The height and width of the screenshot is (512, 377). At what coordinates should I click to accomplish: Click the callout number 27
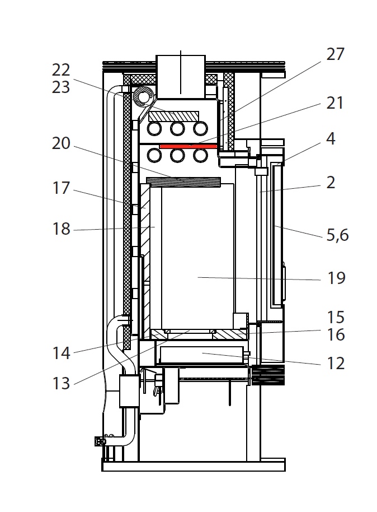point(335,55)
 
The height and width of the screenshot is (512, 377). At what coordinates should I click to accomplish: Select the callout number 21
point(335,103)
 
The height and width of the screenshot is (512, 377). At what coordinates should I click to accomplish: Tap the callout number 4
point(331,138)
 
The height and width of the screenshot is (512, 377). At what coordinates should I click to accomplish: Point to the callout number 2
point(331,182)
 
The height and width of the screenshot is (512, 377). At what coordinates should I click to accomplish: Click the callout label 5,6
point(337,235)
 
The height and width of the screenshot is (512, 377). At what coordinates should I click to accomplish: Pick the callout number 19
point(337,278)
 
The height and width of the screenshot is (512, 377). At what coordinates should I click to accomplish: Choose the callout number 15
point(336,318)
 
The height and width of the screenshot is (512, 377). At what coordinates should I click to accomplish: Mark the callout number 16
point(336,335)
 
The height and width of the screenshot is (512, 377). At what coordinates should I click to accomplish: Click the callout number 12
point(336,364)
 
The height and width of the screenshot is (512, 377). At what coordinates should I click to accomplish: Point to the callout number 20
point(62,143)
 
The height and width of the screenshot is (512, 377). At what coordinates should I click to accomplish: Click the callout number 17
point(62,188)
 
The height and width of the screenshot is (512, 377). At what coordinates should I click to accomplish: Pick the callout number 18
point(62,229)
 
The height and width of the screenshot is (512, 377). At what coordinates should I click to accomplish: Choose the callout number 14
point(62,353)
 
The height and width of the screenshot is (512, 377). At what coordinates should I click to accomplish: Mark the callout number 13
point(62,384)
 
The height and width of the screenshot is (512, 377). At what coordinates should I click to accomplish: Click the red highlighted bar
point(188,146)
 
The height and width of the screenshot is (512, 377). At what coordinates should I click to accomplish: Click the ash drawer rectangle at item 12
point(201,355)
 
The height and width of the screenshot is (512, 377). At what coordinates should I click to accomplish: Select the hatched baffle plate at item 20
point(183,181)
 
